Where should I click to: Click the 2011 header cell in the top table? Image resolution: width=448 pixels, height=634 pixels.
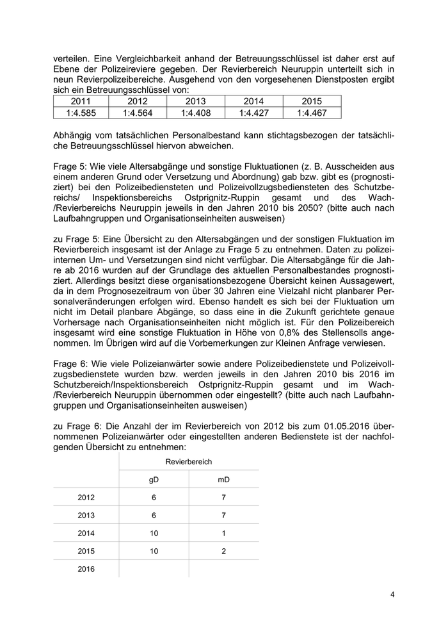pyautogui.click(x=80, y=101)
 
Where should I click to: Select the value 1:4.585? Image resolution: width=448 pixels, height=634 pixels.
pyautogui.click(x=80, y=113)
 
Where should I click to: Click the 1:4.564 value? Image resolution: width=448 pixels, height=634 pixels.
pyautogui.click(x=138, y=113)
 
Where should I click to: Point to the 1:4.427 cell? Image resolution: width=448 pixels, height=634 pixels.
pyautogui.click(x=254, y=113)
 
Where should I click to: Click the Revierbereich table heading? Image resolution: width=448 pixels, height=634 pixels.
pyautogui.click(x=189, y=461)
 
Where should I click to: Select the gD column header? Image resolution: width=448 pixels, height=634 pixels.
pyautogui.click(x=154, y=479)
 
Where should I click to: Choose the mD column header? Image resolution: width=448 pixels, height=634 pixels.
pyautogui.click(x=223, y=479)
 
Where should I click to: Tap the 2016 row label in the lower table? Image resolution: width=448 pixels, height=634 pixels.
pyautogui.click(x=86, y=568)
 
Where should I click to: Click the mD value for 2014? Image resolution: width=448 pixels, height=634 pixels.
pyautogui.click(x=223, y=532)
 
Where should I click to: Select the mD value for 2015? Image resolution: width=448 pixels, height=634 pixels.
pyautogui.click(x=223, y=550)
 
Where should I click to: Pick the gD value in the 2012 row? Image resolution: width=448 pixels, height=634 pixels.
pyautogui.click(x=154, y=497)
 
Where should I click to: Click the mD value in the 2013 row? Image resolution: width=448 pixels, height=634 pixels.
pyautogui.click(x=223, y=515)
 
